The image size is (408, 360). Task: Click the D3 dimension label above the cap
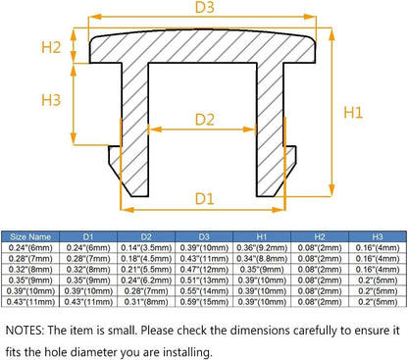click(204, 7)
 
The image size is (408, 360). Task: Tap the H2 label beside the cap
click(51, 47)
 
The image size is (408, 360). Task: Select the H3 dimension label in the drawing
click(51, 100)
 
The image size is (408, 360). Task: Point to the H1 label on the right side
click(353, 113)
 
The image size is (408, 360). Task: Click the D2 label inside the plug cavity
click(205, 120)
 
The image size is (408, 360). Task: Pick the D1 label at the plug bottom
click(205, 199)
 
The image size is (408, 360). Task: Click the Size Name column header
click(30, 236)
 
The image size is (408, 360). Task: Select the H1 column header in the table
click(262, 236)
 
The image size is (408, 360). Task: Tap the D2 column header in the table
click(146, 236)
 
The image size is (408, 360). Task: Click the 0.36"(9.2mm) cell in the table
click(262, 248)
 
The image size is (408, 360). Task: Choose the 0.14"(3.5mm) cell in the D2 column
click(146, 248)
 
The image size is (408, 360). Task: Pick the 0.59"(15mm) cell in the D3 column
click(204, 302)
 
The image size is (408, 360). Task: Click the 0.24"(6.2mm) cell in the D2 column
click(146, 281)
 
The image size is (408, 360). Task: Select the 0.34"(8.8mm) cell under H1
click(262, 259)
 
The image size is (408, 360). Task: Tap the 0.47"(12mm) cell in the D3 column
click(204, 270)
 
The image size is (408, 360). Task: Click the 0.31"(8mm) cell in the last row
click(146, 302)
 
